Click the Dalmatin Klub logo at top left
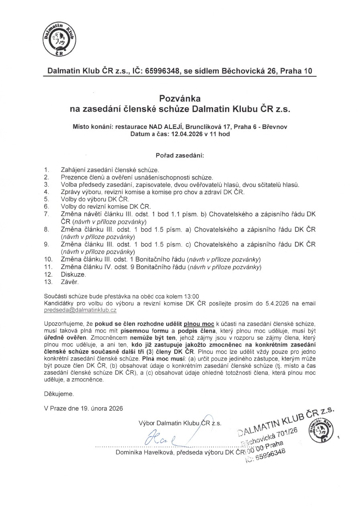59,40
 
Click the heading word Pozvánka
180,98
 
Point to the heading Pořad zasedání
180,155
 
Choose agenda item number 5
47,199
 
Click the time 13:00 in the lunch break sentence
191,296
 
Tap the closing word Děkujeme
59,394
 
